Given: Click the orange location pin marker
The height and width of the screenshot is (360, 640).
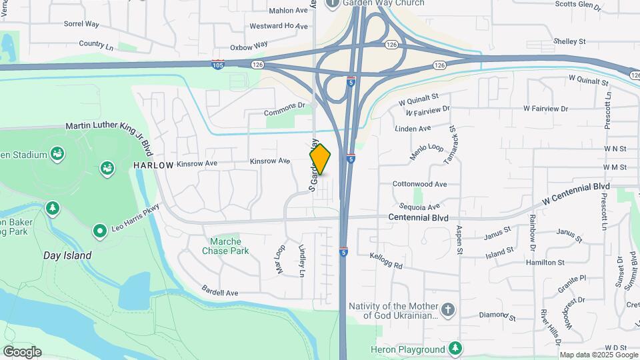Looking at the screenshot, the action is (x=321, y=159).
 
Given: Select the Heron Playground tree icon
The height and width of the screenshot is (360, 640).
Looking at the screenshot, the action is (x=455, y=349).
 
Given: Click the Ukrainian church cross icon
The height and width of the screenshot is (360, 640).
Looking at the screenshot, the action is (x=448, y=310).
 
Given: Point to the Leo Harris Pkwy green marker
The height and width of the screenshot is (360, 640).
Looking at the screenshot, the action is (x=100, y=231).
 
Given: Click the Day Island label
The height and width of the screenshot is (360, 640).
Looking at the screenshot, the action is (x=67, y=255).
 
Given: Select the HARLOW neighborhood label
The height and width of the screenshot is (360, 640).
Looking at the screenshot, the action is (x=153, y=165).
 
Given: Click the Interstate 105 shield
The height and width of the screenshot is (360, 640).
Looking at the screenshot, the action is (x=217, y=65).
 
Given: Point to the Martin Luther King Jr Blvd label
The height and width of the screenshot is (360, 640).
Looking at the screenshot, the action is (x=109, y=126).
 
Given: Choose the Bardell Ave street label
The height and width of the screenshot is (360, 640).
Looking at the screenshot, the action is (x=220, y=292).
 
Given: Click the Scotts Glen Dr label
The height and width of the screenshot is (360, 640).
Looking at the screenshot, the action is (x=578, y=4).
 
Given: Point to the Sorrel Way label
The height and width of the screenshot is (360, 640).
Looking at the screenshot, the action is (x=81, y=24).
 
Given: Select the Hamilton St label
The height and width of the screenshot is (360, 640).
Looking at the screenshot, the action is (x=545, y=263).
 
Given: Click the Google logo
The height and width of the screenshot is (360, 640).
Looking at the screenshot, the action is (x=22, y=352).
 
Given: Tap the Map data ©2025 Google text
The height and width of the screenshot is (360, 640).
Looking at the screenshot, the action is (x=599, y=355).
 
